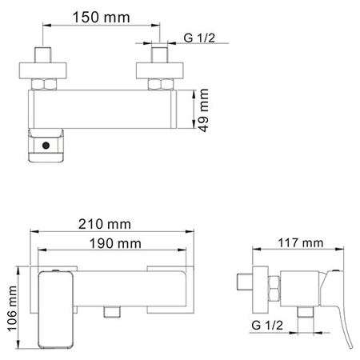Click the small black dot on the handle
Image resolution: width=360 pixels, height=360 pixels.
47,146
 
